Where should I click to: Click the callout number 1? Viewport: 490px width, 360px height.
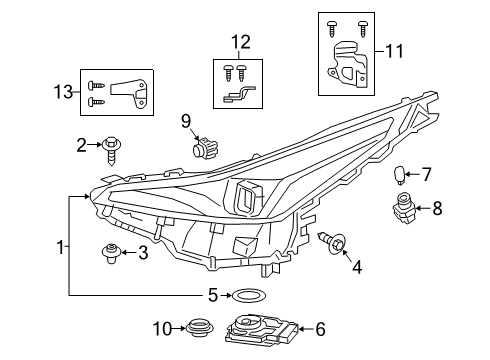coord(62,246)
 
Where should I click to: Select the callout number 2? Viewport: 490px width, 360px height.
coord(82,146)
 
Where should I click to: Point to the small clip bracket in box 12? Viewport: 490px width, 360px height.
coord(124,92)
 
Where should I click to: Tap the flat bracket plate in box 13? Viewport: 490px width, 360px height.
coord(62,91)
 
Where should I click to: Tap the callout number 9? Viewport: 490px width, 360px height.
coord(186,121)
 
